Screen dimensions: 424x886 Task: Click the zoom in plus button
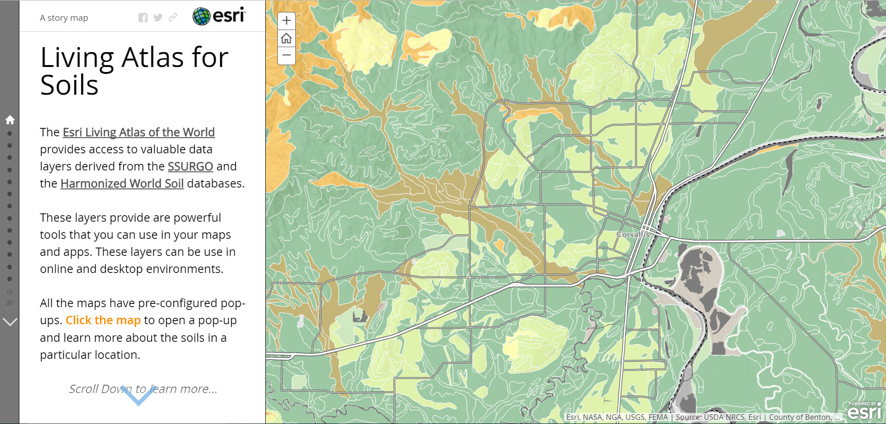click(x=287, y=20)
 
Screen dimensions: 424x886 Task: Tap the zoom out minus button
click(x=287, y=55)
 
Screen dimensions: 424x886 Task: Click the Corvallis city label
click(x=633, y=234)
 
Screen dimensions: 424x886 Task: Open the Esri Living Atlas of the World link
click(x=138, y=132)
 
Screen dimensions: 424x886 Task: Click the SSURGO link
click(x=190, y=166)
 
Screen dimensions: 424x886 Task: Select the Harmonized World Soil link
click(x=122, y=183)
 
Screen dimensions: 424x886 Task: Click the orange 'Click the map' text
click(x=103, y=320)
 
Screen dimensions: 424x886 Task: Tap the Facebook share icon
click(x=143, y=18)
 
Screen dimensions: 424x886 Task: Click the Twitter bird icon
click(x=158, y=18)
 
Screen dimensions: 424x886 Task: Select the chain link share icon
click(x=173, y=18)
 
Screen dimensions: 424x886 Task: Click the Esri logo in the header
click(x=219, y=16)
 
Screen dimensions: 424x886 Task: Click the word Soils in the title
click(x=69, y=85)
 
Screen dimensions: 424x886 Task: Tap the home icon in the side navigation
click(x=10, y=120)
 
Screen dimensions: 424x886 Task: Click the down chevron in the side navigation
click(x=10, y=322)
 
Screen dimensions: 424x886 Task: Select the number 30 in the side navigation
click(x=9, y=303)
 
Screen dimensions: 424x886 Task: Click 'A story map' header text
click(x=64, y=18)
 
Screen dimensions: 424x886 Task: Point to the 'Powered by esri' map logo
click(x=864, y=410)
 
